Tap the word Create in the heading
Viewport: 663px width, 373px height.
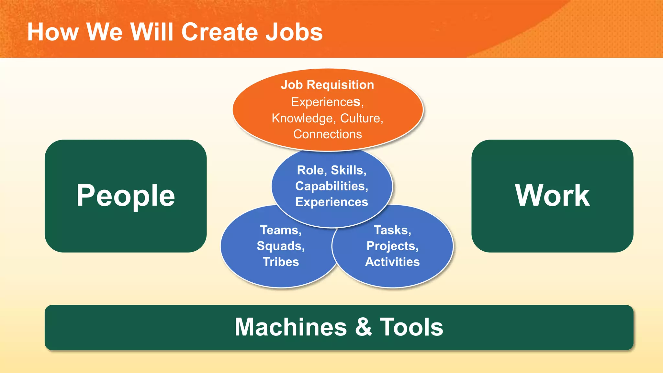point(219,32)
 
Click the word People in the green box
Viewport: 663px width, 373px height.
point(126,196)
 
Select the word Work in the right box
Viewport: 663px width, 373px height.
point(552,196)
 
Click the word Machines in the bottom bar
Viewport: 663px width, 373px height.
point(290,327)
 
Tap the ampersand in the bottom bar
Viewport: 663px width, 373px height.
point(363,327)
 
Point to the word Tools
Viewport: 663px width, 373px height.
point(411,327)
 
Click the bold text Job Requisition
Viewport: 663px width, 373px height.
point(327,85)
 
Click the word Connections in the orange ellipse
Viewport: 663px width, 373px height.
point(327,134)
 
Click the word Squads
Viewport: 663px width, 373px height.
point(280,246)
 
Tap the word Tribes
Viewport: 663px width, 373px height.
point(281,262)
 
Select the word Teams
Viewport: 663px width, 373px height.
point(280,230)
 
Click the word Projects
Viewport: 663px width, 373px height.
point(392,246)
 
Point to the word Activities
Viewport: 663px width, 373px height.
point(392,262)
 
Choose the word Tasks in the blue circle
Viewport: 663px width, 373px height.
point(392,230)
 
